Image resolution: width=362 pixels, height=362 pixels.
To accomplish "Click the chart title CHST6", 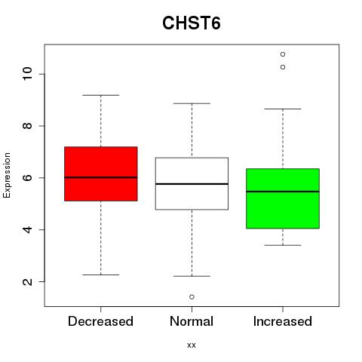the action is pyautogui.click(x=192, y=23).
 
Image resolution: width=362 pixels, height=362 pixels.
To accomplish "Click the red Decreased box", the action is pyautogui.click(x=101, y=174).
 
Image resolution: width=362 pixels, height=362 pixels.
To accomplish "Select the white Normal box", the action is pyautogui.click(x=192, y=183).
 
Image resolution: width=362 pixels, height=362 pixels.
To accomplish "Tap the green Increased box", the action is pyautogui.click(x=283, y=198).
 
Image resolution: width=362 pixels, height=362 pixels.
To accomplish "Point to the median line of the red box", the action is pyautogui.click(x=101, y=177).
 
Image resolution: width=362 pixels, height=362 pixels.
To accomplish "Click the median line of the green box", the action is pyautogui.click(x=283, y=192).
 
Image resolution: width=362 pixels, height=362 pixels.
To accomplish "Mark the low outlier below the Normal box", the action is pyautogui.click(x=192, y=297).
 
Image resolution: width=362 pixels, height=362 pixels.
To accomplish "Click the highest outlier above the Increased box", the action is pyautogui.click(x=283, y=54).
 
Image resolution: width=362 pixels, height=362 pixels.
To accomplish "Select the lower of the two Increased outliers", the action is pyautogui.click(x=283, y=67).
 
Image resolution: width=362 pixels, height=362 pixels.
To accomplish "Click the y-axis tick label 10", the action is pyautogui.click(x=28, y=74).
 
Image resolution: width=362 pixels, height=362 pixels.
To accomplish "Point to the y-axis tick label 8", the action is pyautogui.click(x=28, y=126).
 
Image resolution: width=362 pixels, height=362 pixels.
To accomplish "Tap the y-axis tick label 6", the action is pyautogui.click(x=28, y=178).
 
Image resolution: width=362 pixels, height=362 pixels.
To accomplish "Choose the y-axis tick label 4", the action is pyautogui.click(x=28, y=229).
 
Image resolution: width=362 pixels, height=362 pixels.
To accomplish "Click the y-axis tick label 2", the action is pyautogui.click(x=28, y=281).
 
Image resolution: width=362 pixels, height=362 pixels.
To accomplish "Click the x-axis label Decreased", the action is pyautogui.click(x=100, y=321).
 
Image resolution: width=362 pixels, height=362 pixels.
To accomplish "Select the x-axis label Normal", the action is pyautogui.click(x=192, y=321).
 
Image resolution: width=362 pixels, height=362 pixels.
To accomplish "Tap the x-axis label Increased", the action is pyautogui.click(x=283, y=321).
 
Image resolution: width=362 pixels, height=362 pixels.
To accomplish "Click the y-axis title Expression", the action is pyautogui.click(x=7, y=175).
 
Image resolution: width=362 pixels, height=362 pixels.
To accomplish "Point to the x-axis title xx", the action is pyautogui.click(x=192, y=345).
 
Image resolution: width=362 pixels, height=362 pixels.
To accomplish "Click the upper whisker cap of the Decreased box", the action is pyautogui.click(x=101, y=95).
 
